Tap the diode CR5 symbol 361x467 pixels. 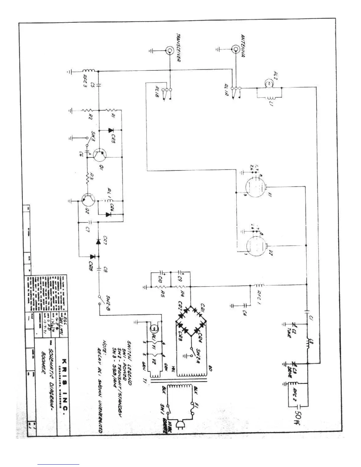click(x=111, y=130)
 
